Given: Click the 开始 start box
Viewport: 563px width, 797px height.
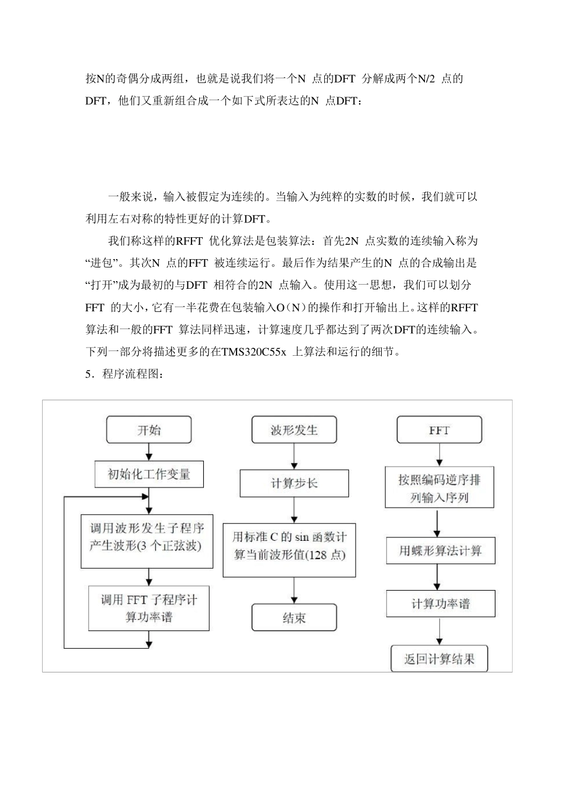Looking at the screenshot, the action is [x=149, y=430].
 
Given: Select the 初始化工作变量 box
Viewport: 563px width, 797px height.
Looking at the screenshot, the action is [x=149, y=474].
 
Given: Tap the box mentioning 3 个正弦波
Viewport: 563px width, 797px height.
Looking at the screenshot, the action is [x=147, y=541].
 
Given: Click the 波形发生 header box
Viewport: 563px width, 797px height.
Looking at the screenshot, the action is [x=294, y=430].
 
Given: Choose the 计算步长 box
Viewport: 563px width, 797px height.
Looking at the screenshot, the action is [x=294, y=483].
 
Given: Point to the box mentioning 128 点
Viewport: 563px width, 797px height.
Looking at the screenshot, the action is [x=289, y=550].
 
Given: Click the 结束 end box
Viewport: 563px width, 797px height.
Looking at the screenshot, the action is [x=294, y=617].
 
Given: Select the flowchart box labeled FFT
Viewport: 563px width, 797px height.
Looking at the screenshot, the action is [x=439, y=430].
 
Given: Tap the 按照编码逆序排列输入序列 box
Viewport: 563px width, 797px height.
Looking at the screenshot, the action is [x=439, y=487].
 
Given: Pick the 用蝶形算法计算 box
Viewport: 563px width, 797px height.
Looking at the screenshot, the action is [x=441, y=550].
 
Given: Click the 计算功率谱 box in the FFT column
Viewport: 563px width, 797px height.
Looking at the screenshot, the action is [x=441, y=604].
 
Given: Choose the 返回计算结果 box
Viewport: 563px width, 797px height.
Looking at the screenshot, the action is [x=439, y=659].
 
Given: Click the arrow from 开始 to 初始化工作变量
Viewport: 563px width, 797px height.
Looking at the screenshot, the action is [x=149, y=452].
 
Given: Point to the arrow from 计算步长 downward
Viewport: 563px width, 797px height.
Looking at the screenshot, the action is [x=294, y=510].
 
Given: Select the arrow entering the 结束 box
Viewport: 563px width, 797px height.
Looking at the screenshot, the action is [x=294, y=590].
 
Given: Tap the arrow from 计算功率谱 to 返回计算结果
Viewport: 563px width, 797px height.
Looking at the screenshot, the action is [x=439, y=631].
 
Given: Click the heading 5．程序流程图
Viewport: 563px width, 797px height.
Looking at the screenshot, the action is [x=124, y=374].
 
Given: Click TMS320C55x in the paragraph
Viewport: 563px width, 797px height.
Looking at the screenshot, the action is [x=254, y=352].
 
